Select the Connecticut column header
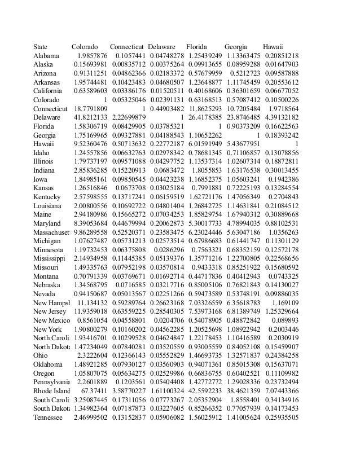click(x=127, y=46)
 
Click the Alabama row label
click(x=46, y=56)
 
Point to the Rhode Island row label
click(x=51, y=390)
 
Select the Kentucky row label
click(x=47, y=196)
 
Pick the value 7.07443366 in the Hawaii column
click(x=280, y=390)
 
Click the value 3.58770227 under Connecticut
click(x=128, y=390)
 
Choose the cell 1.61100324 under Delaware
click(x=165, y=390)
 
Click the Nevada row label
click(x=44, y=293)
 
